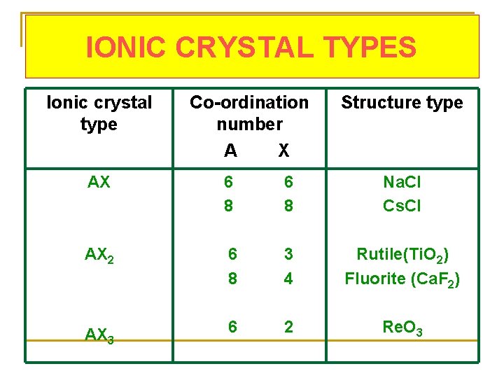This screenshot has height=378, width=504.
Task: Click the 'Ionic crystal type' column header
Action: [99, 113]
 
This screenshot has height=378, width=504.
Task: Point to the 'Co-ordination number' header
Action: [249, 113]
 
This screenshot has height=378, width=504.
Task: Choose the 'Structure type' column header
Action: [402, 103]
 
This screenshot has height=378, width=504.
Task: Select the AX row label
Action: [99, 183]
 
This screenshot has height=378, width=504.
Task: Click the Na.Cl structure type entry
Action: [402, 183]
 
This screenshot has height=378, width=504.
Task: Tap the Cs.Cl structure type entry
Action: [402, 206]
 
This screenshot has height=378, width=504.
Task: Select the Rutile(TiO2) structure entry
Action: [402, 254]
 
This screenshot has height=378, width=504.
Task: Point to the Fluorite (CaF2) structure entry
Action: [402, 279]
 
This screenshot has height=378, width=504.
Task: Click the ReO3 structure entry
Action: [402, 327]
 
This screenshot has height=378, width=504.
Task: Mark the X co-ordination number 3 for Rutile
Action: [288, 253]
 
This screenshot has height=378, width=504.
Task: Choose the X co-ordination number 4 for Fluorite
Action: [288, 278]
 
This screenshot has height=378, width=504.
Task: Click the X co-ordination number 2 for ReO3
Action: [288, 326]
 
